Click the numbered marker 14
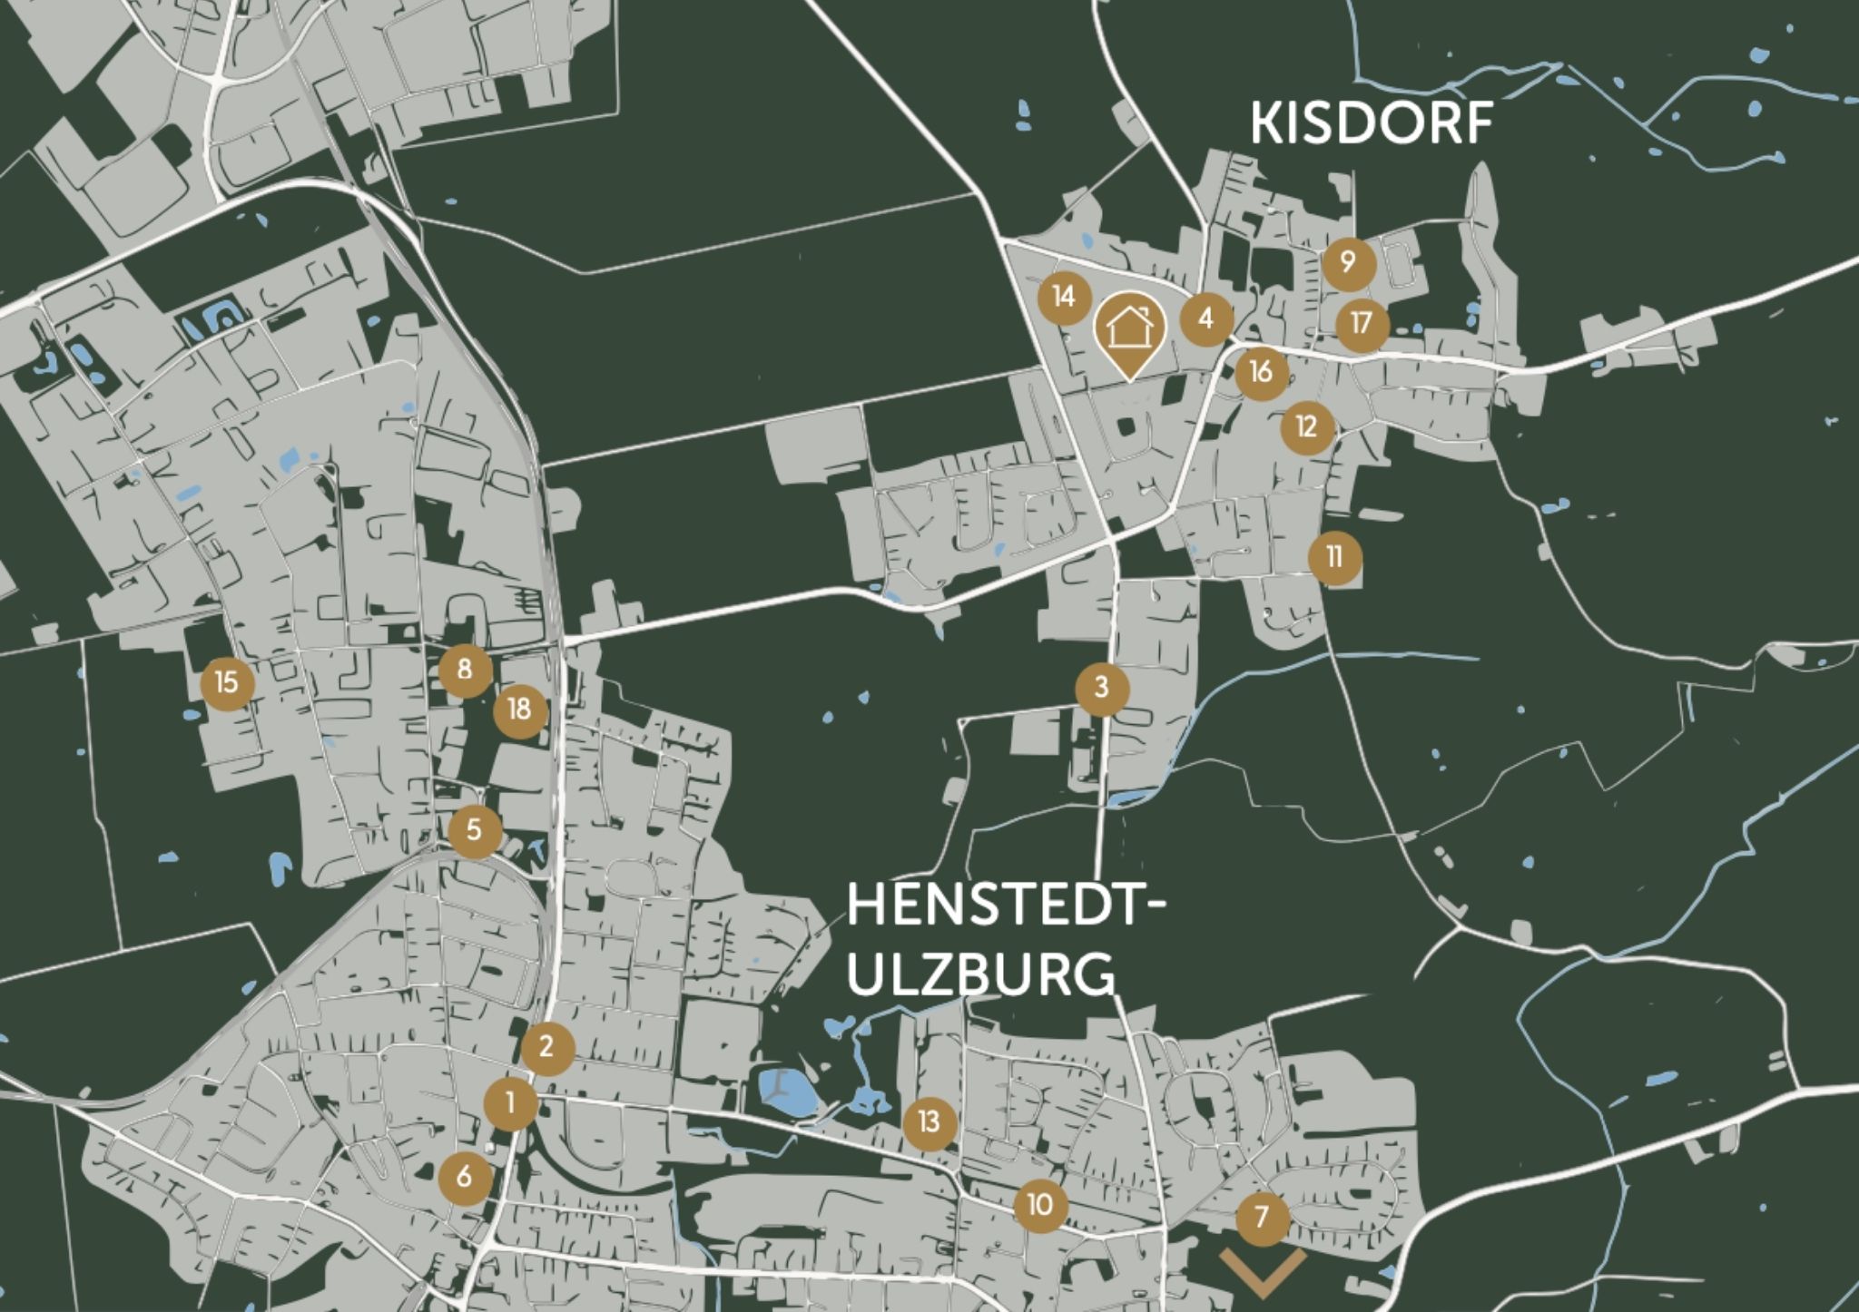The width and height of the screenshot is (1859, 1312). point(1065,297)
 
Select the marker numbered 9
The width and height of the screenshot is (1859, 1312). point(1348,263)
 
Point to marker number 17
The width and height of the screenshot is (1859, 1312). point(1362,324)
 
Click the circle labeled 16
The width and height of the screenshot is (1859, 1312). point(1261,372)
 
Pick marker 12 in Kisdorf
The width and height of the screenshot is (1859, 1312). point(1307,426)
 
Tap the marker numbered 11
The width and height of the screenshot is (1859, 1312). point(1334,557)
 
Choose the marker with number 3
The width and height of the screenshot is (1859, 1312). point(1102,688)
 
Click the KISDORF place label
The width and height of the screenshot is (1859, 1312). point(1372,123)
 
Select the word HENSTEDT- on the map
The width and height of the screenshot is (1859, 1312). point(1004,906)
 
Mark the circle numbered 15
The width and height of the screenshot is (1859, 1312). point(227,681)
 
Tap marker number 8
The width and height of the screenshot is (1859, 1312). point(465,670)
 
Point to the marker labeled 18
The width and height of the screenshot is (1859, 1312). point(520,709)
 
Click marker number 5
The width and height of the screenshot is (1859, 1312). point(475,829)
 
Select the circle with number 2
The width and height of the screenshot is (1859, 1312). point(547,1048)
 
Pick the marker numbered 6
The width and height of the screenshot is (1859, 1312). point(465,1178)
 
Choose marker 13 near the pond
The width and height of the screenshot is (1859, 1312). point(929,1122)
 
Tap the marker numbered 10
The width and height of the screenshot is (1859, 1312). point(1040,1205)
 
